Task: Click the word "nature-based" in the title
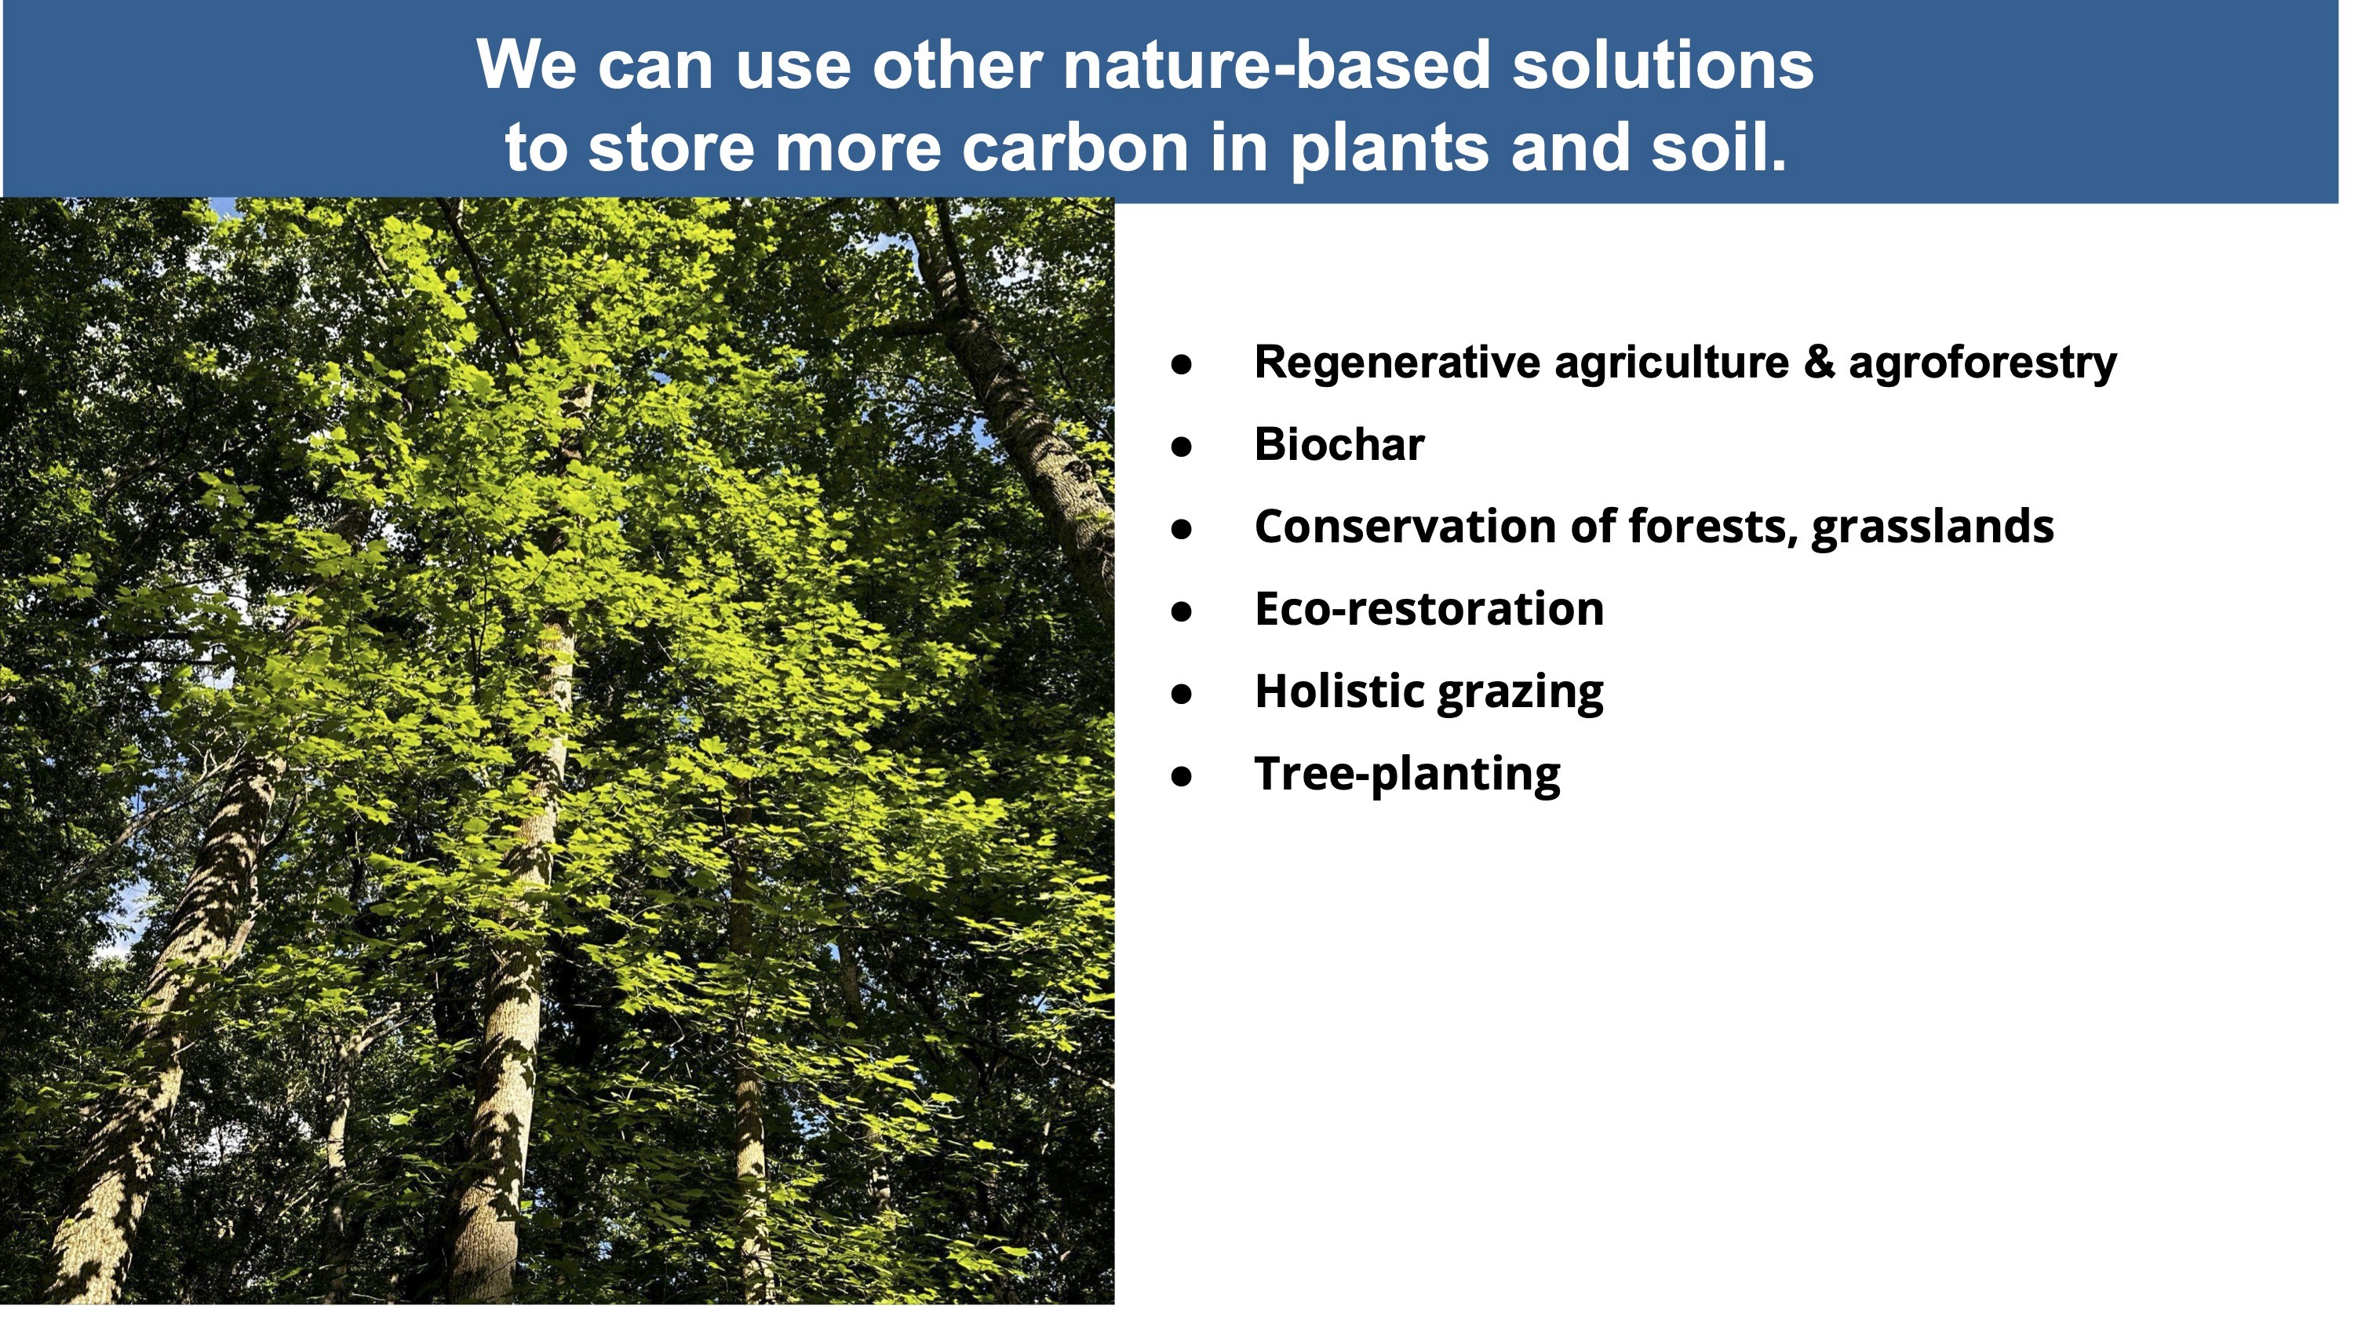[1277, 65]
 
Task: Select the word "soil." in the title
[1718, 147]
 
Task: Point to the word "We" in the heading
[527, 65]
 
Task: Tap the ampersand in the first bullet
[1820, 363]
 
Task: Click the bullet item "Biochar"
[1339, 445]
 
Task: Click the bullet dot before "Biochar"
[1182, 447]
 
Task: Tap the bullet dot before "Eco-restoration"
[1182, 611]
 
